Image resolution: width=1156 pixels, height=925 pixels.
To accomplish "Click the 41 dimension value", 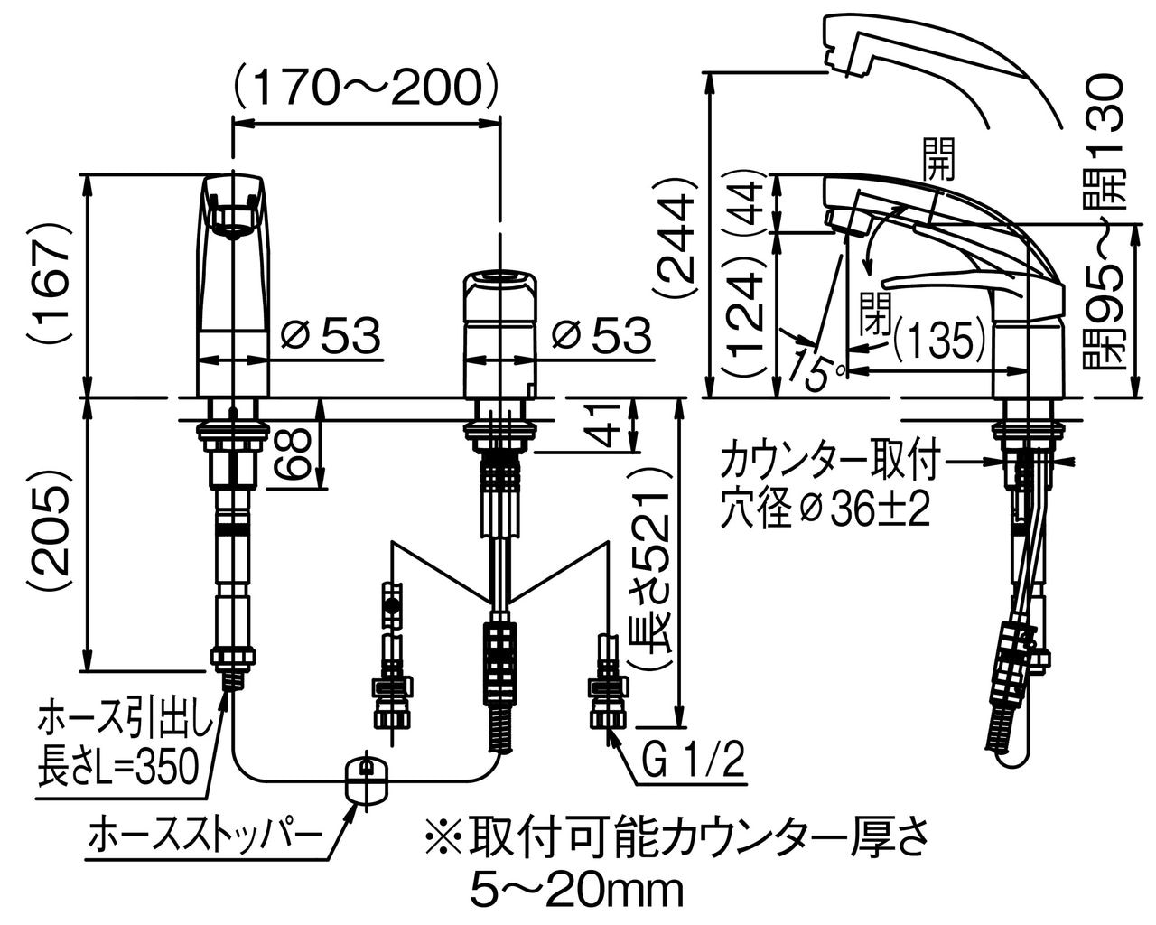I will pos(610,425).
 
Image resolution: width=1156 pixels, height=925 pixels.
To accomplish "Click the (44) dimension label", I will pos(748,203).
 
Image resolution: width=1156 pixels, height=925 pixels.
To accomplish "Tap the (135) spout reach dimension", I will pos(939,340).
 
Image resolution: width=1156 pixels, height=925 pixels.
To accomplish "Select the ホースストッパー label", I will pos(205,836).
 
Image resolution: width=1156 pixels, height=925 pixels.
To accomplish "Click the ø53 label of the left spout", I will pos(330,336).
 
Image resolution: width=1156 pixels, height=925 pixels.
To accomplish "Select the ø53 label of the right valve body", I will pos(601,336).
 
